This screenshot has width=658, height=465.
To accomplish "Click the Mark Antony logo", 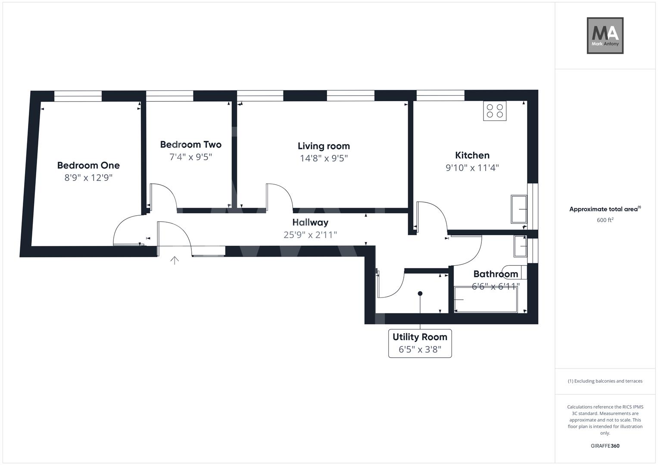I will [x=605, y=36].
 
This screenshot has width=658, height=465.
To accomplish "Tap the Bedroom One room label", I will [x=88, y=165].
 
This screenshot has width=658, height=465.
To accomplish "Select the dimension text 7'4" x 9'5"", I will [x=190, y=157].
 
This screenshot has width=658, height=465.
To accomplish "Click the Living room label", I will [x=324, y=146].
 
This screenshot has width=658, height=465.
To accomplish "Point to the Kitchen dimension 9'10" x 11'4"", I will [x=472, y=168].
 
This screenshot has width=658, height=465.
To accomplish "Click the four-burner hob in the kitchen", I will [x=495, y=111].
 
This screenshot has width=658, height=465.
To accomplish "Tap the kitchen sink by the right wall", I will [x=519, y=209].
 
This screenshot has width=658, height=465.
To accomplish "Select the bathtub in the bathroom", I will [x=486, y=299].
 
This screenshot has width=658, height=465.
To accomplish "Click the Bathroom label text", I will [x=496, y=274].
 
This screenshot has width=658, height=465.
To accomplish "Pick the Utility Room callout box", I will [x=420, y=343].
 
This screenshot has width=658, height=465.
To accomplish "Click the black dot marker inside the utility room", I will [x=420, y=294].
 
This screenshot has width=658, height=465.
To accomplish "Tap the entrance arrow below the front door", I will [x=175, y=260].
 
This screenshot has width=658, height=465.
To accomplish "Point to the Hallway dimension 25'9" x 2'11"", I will [x=310, y=235].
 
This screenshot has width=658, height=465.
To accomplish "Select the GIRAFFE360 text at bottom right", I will [x=605, y=446].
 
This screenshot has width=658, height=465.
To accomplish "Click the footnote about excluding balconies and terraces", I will [x=605, y=381].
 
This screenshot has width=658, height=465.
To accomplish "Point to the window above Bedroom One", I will [x=78, y=96].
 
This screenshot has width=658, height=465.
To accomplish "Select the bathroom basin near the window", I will [x=520, y=246].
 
